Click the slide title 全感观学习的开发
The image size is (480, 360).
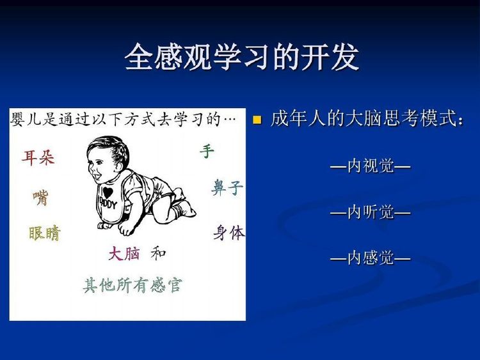(x=241, y=57)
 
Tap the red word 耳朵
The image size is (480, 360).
(x=38, y=157)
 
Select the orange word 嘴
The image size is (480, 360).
(x=41, y=198)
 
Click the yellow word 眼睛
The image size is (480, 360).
(x=45, y=233)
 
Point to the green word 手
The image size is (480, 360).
(x=207, y=152)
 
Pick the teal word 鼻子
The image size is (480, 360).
(x=227, y=187)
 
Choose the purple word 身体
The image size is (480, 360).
(x=229, y=233)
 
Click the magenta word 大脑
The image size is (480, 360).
(x=124, y=254)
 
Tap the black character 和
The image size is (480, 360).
(x=158, y=253)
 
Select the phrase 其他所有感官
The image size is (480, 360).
(x=132, y=285)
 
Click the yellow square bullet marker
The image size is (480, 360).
(x=257, y=120)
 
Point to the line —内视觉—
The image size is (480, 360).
(x=370, y=166)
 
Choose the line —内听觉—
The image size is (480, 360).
(x=370, y=212)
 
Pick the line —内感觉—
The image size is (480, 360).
(x=370, y=258)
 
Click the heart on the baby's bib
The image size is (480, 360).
(x=108, y=192)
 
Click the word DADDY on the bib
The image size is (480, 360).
(x=108, y=203)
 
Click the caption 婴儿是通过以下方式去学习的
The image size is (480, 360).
(x=115, y=120)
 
